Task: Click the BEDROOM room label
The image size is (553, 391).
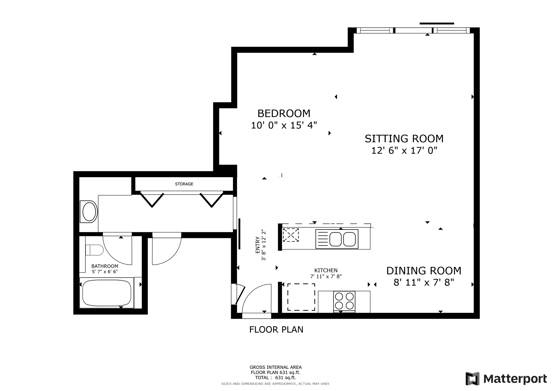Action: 284,113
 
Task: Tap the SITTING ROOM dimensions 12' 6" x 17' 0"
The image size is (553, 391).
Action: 404,150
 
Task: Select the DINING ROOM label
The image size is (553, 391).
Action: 423,271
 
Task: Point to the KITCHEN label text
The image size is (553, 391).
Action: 326,270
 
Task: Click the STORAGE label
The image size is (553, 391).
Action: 184,184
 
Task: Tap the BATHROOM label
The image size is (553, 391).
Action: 104,266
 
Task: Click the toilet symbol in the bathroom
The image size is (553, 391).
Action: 94,250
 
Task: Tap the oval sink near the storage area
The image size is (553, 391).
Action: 89,212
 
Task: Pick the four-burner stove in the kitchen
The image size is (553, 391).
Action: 344,301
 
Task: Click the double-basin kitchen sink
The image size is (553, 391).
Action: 337,239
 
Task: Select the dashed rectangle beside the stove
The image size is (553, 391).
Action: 301,297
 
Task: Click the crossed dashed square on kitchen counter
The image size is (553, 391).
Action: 291,235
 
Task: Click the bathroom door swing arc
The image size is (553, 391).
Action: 117,250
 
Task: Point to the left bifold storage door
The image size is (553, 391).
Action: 152,200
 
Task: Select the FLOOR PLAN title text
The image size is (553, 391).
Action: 276,329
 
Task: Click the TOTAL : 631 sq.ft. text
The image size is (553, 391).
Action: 275,377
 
